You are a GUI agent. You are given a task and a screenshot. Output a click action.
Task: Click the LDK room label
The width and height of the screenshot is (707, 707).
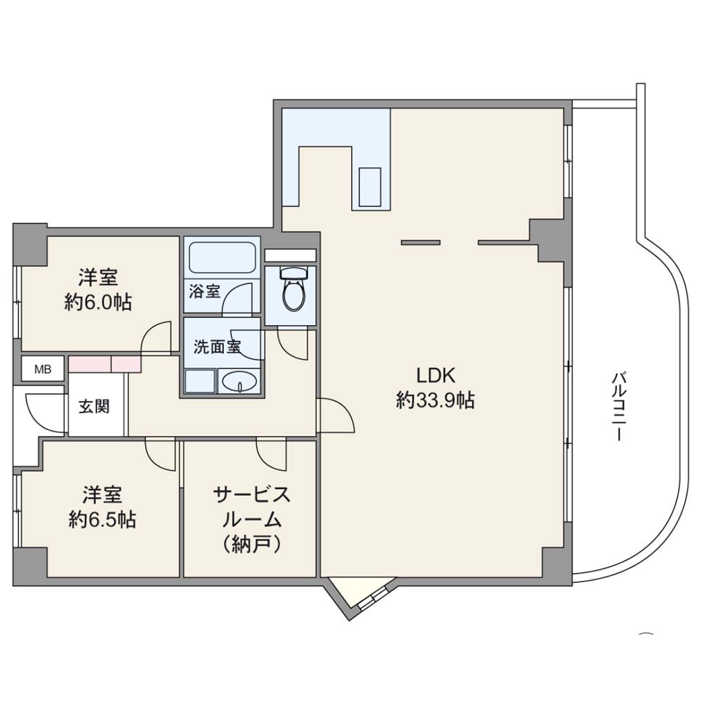(x=435, y=375)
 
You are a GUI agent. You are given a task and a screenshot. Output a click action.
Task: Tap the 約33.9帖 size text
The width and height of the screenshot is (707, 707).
(x=435, y=400)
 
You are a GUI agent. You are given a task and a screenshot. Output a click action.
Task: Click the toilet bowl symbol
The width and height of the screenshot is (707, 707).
(x=293, y=288)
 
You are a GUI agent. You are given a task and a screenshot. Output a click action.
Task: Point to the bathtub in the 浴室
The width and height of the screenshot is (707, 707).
(x=222, y=258)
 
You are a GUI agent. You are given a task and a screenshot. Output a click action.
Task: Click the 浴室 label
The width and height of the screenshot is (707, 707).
(x=204, y=292)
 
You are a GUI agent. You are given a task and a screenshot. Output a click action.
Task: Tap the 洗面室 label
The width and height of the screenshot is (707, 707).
(x=217, y=347)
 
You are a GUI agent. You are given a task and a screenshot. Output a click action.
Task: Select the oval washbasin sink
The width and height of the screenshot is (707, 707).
(x=239, y=382)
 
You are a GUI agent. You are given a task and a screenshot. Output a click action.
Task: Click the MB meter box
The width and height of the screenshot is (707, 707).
(x=43, y=370)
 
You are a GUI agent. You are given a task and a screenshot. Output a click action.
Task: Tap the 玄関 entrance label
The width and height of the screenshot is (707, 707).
(x=94, y=407)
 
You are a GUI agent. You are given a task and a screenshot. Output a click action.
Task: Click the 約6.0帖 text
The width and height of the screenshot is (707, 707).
(x=98, y=302)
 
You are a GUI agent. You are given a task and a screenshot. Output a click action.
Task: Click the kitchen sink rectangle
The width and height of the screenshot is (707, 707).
(x=370, y=186)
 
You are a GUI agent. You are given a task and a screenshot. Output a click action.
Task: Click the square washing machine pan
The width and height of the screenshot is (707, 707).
(x=200, y=381)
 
